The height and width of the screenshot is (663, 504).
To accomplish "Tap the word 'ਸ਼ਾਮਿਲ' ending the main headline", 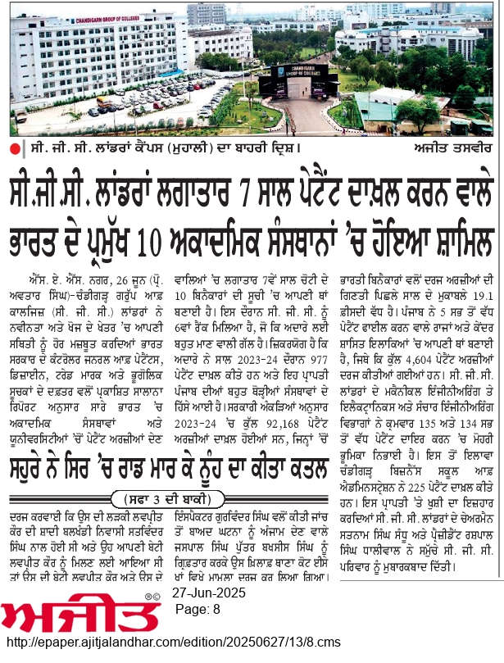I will (x=459, y=226).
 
